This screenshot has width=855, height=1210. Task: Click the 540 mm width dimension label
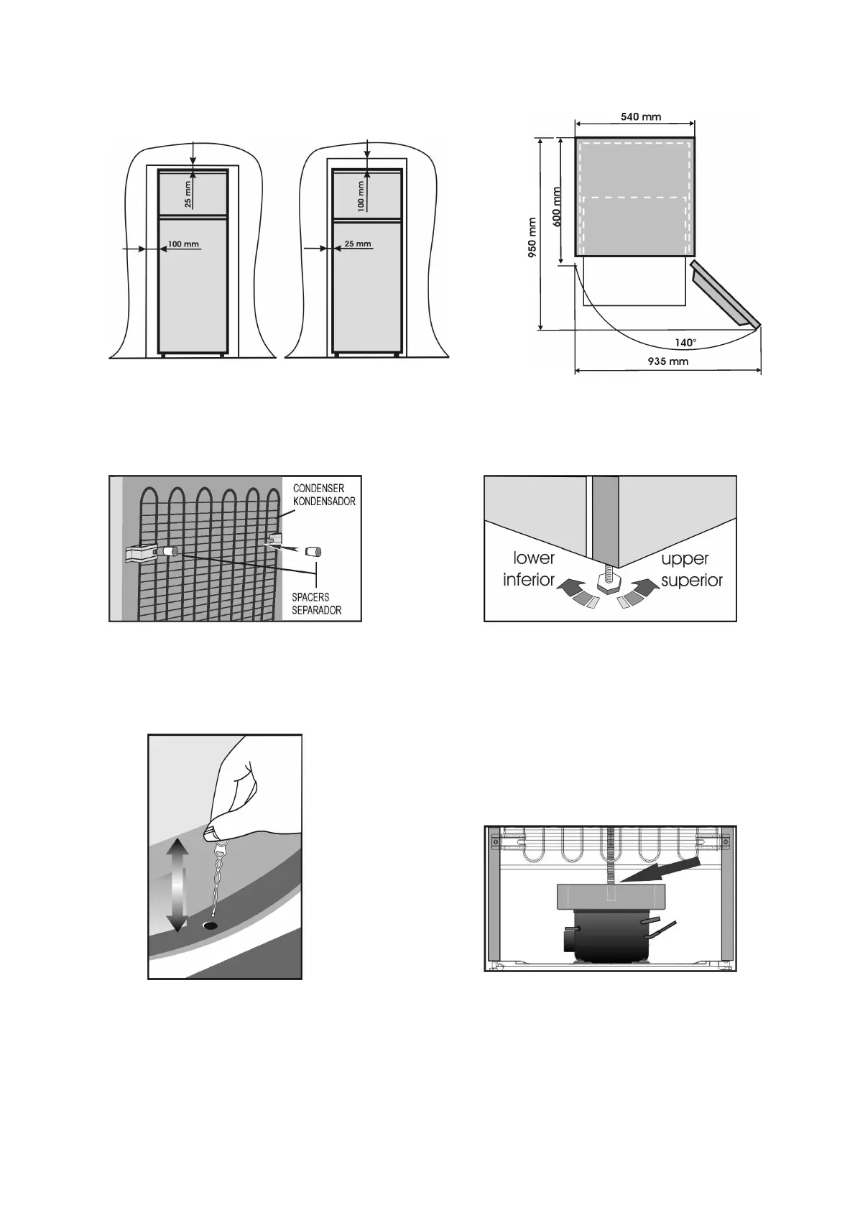641,116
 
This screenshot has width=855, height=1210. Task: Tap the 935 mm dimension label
668,361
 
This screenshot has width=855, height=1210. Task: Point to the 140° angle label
685,343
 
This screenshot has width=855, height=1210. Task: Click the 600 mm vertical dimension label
556,207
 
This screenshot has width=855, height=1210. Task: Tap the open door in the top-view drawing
724,295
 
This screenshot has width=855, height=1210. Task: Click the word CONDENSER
318,489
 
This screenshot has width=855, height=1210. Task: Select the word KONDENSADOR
323,501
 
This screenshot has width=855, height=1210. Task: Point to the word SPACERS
310,597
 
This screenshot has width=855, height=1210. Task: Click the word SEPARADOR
316,610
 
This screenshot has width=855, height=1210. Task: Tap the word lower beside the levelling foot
534,558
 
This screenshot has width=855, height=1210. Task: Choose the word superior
692,580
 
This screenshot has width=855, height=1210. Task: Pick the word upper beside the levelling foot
685,558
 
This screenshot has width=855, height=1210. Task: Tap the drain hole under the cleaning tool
210,925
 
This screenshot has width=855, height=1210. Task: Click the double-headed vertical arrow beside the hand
178,885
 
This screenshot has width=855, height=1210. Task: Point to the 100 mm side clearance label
182,244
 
